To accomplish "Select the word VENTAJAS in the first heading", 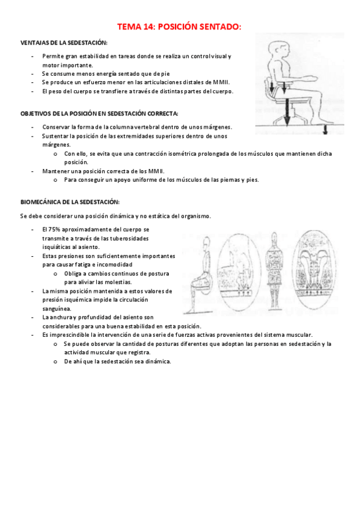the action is pyautogui.click(x=35, y=43).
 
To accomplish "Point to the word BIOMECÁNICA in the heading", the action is pyautogui.click(x=43, y=202).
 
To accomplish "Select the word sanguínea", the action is pyautogui.click(x=57, y=308).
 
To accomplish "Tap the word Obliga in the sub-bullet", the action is pyautogui.click(x=74, y=273).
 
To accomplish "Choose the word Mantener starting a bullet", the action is pyautogui.click(x=54, y=171).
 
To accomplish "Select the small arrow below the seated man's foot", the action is pyautogui.click(x=325, y=130).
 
